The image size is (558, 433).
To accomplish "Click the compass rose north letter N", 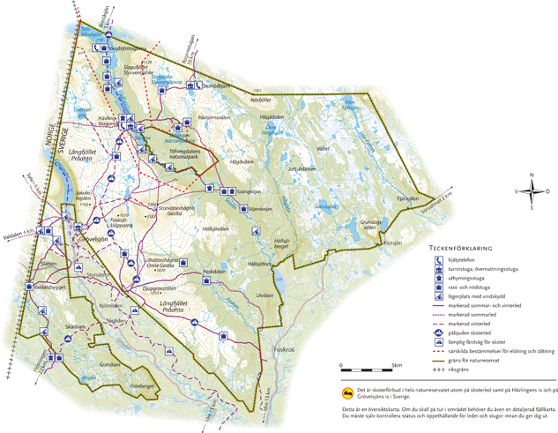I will click(x=532, y=175).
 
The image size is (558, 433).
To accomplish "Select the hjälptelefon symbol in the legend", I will click(x=436, y=259).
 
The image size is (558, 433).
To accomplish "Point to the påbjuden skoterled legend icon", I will click(x=436, y=331).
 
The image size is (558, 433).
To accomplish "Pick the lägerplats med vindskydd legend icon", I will click(x=436, y=298).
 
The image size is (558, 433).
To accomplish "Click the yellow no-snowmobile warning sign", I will click(x=346, y=394).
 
